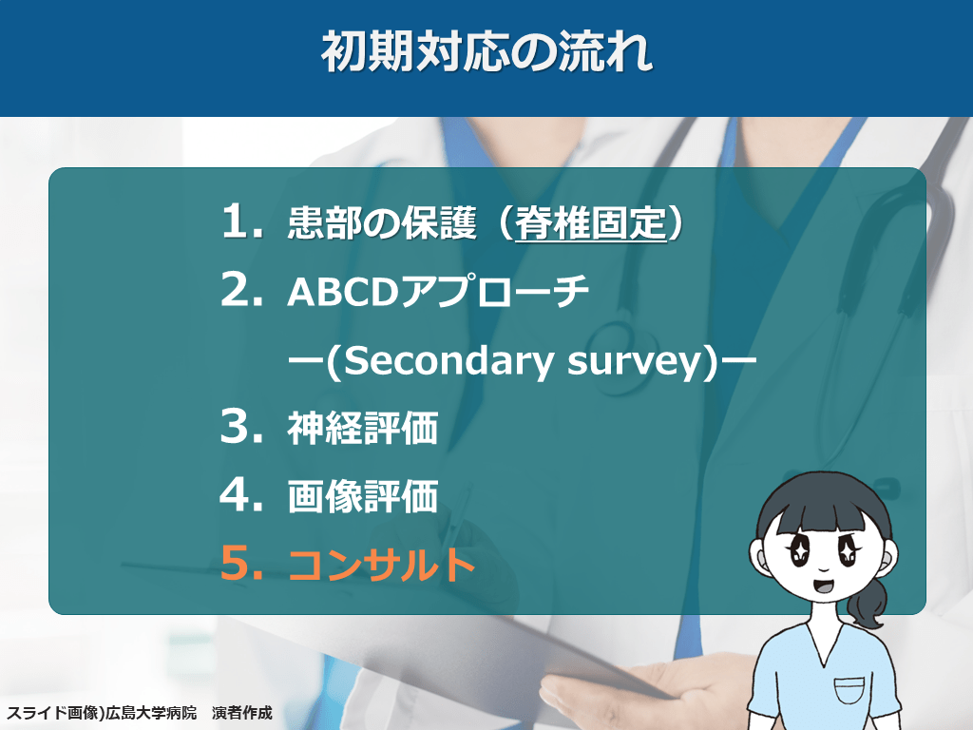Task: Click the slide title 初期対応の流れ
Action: click(486, 51)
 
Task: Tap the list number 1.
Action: click(241, 221)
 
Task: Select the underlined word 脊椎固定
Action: click(590, 222)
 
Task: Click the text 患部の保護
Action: click(382, 222)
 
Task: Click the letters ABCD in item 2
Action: click(342, 292)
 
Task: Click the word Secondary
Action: click(447, 360)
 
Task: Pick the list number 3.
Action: click(241, 426)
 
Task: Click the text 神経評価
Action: click(363, 428)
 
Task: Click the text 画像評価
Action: click(363, 496)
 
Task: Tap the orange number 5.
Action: click(241, 563)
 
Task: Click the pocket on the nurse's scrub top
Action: click(849, 690)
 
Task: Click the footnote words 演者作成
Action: click(242, 713)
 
